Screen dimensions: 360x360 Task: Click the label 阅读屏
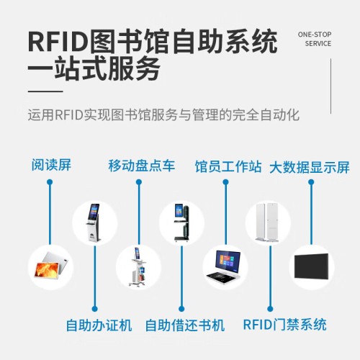pos(51,165)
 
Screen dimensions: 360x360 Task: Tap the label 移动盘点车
pos(142,166)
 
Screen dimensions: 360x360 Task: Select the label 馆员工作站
pos(228,166)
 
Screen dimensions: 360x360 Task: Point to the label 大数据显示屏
pos(310,167)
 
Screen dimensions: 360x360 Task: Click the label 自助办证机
pos(99,325)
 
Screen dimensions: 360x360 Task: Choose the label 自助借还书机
pos(185,325)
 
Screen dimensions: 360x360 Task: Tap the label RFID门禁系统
pos(285,325)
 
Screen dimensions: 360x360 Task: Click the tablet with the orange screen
pos(51,266)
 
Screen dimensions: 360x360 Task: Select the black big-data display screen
pos(312,266)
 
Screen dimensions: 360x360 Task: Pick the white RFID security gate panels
pos(268,222)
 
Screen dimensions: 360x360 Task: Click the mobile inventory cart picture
pos(139,268)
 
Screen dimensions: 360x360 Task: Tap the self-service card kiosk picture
pos(94,222)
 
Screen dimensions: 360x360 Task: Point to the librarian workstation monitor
pos(228,261)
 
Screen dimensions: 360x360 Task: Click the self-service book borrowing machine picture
pos(181,222)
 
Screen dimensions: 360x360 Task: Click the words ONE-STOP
pos(315,35)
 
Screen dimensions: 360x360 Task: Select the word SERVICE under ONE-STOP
pos(318,44)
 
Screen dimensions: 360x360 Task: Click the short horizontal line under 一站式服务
pos(45,91)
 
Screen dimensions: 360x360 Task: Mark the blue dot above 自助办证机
pos(95,309)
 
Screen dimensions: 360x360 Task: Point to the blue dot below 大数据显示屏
pos(311,182)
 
